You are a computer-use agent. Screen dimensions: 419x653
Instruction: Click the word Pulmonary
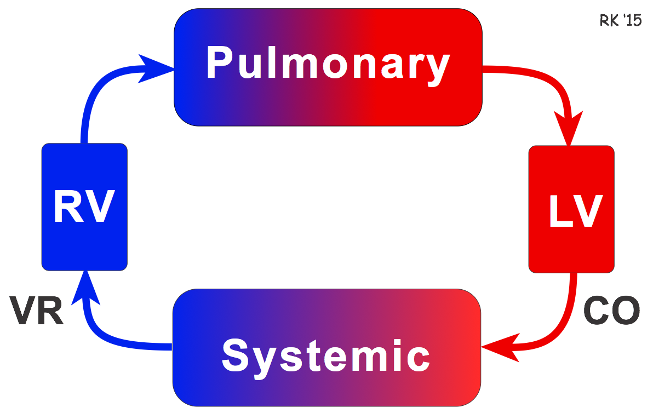328,64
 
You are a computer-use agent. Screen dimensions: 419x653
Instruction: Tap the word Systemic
326,355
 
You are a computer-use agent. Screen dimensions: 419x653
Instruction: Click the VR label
37,311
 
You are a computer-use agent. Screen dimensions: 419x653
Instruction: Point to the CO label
611,310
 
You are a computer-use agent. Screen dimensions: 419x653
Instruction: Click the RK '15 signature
620,21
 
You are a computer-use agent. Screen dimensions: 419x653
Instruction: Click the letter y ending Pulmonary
436,68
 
